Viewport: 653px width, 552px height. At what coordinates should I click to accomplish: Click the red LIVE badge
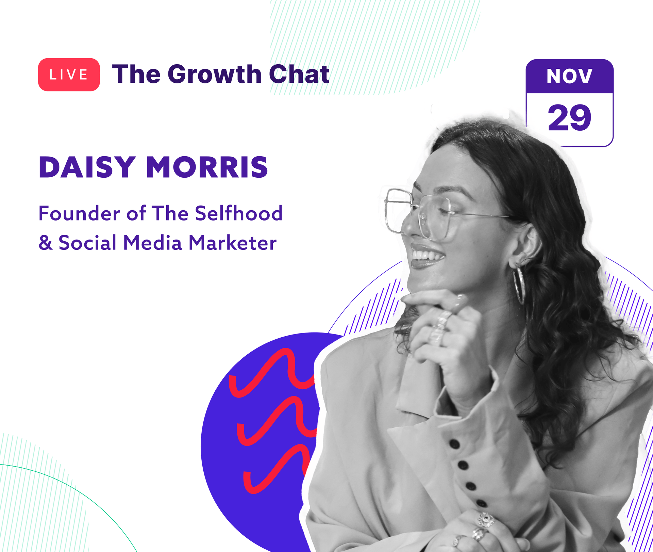(69, 75)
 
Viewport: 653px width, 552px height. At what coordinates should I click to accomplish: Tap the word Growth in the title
(214, 74)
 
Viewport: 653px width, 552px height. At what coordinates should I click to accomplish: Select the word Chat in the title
(299, 74)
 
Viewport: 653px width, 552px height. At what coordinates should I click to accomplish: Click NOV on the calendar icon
(569, 76)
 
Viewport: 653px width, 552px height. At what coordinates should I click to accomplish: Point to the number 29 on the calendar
(569, 117)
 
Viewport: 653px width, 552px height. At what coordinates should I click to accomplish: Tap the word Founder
(79, 213)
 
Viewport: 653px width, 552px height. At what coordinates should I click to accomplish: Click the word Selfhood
(239, 213)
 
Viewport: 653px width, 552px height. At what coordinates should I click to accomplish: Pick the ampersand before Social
(46, 242)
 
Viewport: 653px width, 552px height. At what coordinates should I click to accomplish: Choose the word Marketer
(233, 243)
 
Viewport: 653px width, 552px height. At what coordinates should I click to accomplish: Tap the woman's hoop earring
(519, 285)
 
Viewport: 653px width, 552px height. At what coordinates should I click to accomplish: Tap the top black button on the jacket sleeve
(454, 444)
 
